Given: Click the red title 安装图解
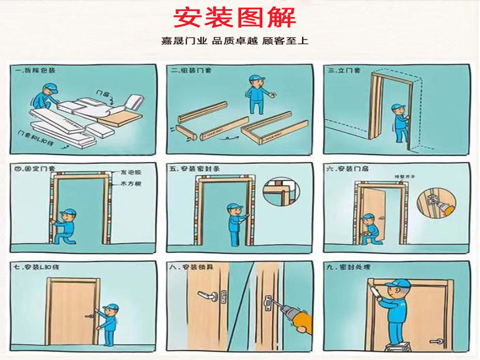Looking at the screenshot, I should [x=234, y=18].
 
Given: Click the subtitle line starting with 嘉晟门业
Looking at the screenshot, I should [x=234, y=41].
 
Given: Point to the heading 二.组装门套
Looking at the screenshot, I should [x=191, y=71].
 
